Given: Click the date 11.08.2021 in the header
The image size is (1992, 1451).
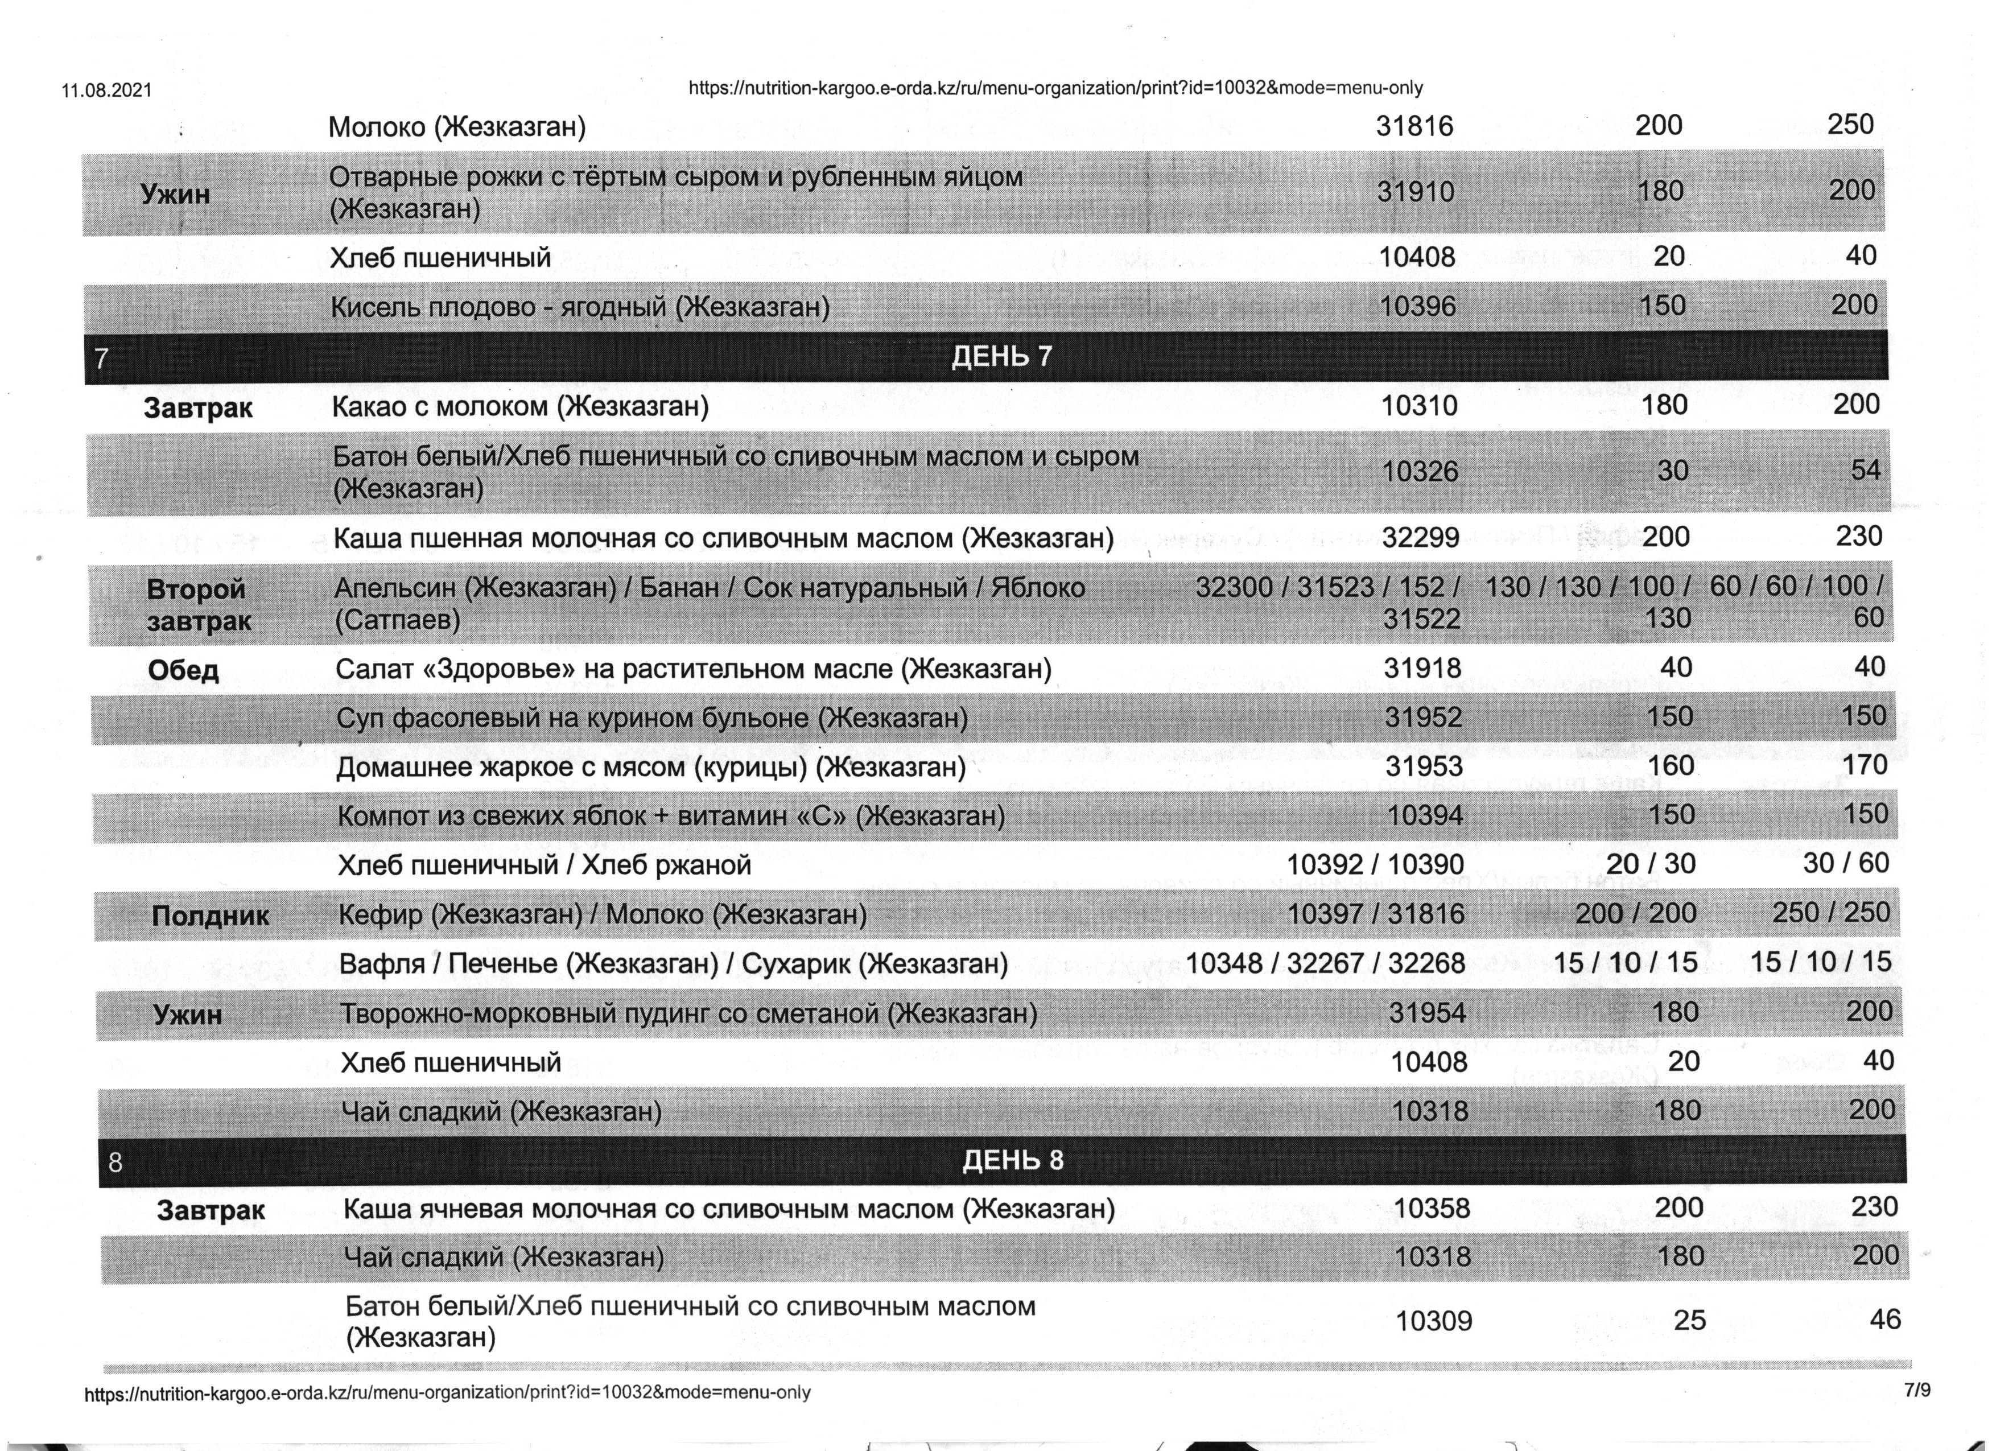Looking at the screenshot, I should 106,90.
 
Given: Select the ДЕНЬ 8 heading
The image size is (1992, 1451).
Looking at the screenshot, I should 1013,1160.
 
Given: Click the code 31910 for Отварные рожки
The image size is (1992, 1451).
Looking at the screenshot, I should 1415,192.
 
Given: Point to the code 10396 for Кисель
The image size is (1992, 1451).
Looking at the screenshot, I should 1417,307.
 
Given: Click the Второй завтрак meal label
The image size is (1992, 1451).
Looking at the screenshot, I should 197,604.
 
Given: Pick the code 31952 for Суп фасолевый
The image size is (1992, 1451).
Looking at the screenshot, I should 1424,718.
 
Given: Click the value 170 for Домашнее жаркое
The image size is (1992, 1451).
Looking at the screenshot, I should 1865,765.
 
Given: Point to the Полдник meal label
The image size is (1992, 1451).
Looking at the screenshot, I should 210,916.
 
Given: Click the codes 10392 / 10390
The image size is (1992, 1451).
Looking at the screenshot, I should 1375,864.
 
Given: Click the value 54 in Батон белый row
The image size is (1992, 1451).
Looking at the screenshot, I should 1866,470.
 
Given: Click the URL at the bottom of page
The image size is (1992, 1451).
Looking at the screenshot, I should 447,1393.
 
